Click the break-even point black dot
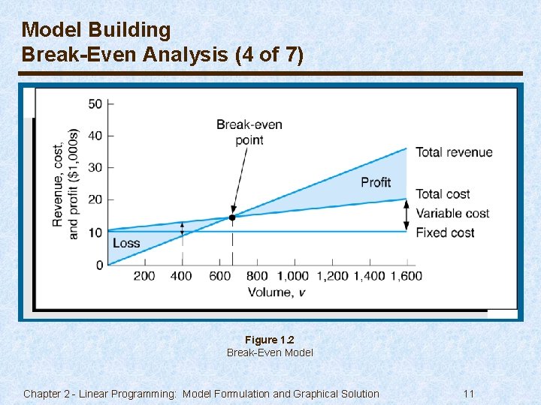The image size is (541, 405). [232, 217]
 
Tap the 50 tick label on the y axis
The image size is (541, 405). [95, 103]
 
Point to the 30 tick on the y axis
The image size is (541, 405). [95, 167]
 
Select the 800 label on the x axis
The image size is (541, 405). [257, 276]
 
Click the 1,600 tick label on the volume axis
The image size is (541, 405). [406, 276]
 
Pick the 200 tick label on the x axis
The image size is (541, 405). [144, 276]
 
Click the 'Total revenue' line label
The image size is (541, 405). [454, 152]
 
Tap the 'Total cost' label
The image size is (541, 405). [443, 194]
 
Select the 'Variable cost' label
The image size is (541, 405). [452, 213]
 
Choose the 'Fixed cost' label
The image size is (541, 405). [445, 232]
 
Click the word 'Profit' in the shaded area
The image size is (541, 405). [376, 182]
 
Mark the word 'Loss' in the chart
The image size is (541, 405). [126, 243]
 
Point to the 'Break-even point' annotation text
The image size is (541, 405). [249, 132]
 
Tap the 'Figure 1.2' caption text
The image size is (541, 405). [270, 340]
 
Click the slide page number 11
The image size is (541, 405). [469, 394]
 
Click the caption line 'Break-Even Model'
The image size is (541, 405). [270, 352]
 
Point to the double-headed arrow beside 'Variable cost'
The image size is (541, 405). [407, 214]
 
